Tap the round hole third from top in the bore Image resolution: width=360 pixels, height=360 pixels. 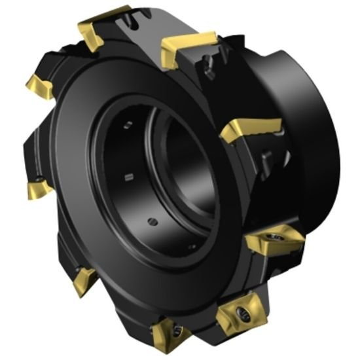pyautogui.click(x=151, y=219)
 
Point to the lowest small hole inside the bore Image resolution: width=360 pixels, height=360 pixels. pyautogui.click(x=190, y=246)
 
